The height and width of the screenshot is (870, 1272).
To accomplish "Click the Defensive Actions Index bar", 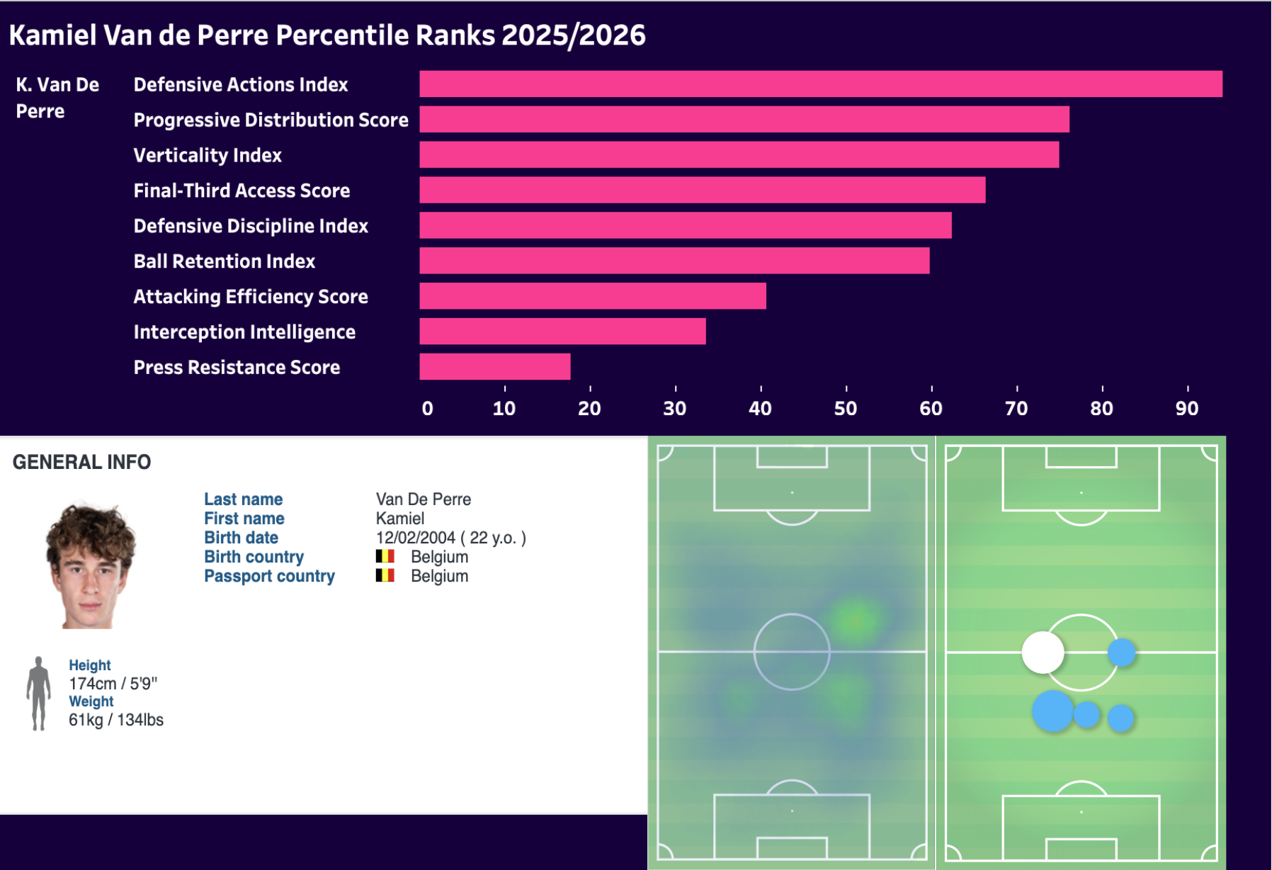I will (x=820, y=84).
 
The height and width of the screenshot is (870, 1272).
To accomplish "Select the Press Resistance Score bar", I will (x=494, y=367).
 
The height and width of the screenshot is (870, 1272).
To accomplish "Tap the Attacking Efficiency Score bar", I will (x=592, y=296).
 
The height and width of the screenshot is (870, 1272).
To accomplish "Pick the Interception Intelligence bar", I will (x=562, y=332).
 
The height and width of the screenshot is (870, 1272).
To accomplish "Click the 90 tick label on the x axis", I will (x=1187, y=408).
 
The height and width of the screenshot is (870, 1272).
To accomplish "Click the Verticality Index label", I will (x=208, y=155).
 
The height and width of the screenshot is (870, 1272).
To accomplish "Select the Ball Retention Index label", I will (x=224, y=261).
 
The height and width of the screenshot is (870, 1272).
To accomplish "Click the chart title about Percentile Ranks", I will (x=327, y=35).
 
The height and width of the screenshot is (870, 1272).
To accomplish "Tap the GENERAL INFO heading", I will (x=81, y=462).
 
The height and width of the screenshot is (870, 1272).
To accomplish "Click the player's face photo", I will (x=90, y=565).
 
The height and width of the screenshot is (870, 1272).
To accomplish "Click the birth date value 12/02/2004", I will (x=416, y=538).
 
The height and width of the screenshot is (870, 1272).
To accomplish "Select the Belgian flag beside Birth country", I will (x=385, y=557).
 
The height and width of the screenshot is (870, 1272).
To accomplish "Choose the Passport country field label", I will (x=269, y=576).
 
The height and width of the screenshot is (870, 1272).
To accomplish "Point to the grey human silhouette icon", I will (x=38, y=693).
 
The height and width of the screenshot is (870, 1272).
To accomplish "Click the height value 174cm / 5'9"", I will (x=113, y=684).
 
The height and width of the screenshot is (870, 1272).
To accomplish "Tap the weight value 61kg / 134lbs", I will (x=116, y=720).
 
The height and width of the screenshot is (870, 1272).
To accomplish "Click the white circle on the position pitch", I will (x=1043, y=652).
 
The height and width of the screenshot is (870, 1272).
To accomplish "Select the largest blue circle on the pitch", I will (x=1053, y=711).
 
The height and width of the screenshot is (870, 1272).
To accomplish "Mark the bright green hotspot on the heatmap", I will (x=856, y=621).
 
